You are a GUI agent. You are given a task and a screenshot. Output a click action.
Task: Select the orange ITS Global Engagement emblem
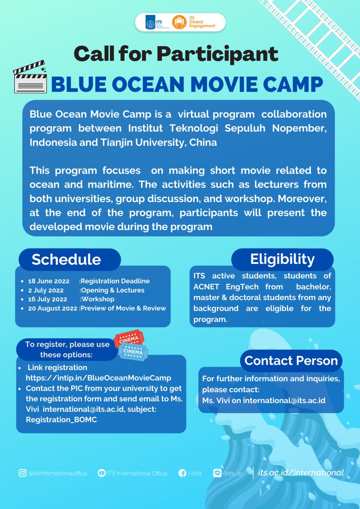[179, 22]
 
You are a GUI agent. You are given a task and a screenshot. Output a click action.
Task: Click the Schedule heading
[66, 259]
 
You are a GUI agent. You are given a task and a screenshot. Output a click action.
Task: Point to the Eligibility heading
[282, 259]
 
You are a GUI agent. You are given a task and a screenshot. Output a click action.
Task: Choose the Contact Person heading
[291, 361]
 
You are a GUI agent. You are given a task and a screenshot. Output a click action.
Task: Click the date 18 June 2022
[49, 281]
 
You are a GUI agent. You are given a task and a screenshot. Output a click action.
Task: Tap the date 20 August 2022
[53, 308]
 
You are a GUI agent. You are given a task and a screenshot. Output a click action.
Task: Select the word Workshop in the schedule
[98, 299]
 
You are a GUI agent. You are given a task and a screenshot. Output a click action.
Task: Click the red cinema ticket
[129, 339]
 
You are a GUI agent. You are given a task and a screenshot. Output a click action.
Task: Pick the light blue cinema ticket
[133, 352]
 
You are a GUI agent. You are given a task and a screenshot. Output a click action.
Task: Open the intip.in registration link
[98, 378]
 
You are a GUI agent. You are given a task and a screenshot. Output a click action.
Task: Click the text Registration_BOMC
[62, 419]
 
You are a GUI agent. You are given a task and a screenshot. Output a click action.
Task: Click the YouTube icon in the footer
[101, 473]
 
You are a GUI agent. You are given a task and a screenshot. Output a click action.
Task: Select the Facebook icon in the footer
[182, 473]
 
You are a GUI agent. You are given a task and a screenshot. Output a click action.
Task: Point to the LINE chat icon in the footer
[217, 473]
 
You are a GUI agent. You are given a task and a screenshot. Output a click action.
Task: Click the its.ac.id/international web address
[301, 473]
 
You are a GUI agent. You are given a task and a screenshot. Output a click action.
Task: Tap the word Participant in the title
[218, 54]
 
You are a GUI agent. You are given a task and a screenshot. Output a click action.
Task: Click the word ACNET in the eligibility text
[206, 287]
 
